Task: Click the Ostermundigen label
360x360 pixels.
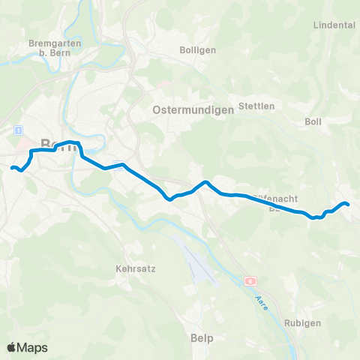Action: click(x=193, y=109)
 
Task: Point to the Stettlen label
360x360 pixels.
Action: click(x=255, y=106)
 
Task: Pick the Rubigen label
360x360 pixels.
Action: click(x=303, y=322)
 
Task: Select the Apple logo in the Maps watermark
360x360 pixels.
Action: click(x=13, y=347)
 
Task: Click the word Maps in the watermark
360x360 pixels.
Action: click(x=34, y=347)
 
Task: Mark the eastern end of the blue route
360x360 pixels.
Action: click(x=347, y=204)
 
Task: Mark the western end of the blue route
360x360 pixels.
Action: click(x=12, y=167)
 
